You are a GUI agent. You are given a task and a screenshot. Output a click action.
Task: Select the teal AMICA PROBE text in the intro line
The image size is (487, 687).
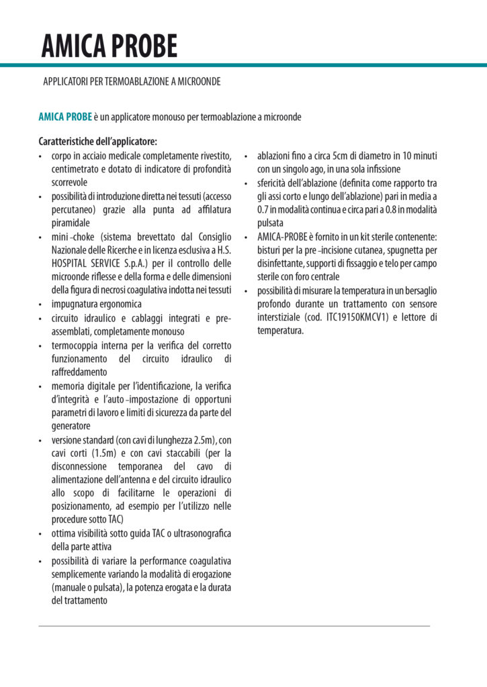click(x=64, y=117)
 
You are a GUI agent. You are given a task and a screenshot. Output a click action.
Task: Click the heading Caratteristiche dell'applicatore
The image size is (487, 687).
click(x=98, y=142)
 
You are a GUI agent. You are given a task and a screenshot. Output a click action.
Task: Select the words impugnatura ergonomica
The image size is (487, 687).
click(x=93, y=304)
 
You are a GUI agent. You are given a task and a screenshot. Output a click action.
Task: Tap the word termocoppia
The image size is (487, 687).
click(x=75, y=345)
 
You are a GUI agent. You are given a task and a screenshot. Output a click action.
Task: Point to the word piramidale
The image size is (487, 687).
click(x=71, y=223)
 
